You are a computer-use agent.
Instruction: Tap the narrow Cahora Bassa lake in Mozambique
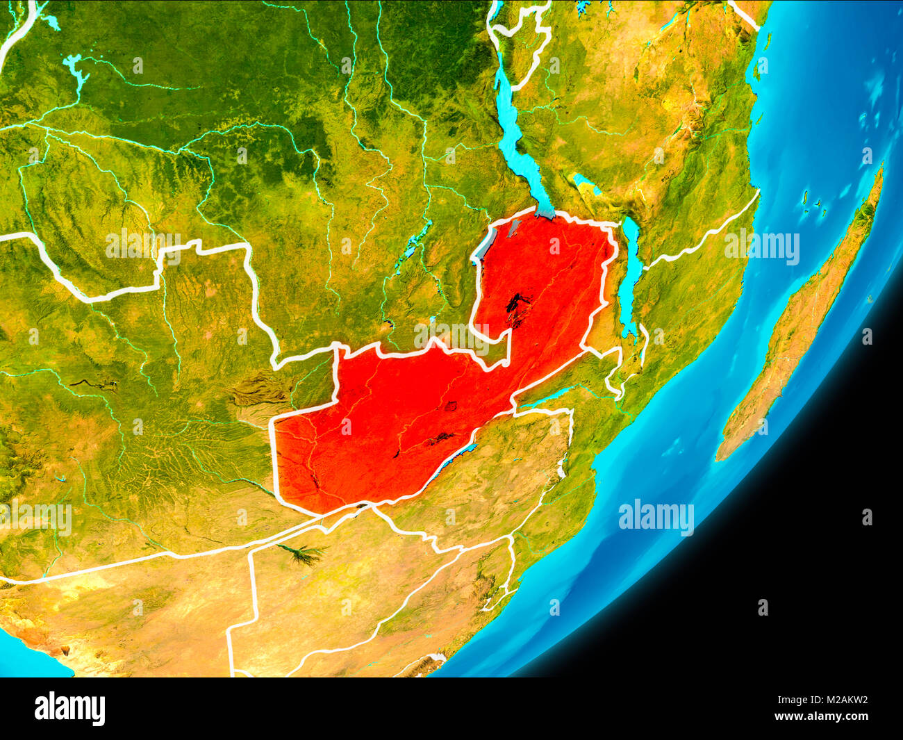(549, 395)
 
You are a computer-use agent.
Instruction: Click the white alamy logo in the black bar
(70, 709)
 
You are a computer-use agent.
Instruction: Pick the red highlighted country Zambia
(389, 424)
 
